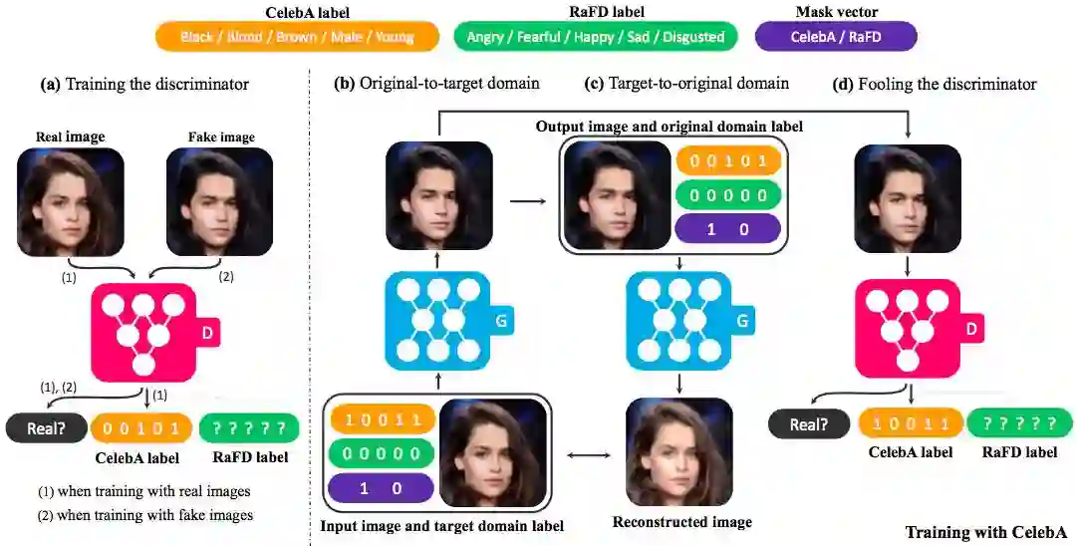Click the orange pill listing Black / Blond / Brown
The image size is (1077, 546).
click(x=297, y=37)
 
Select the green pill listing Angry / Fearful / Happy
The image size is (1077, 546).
click(x=595, y=37)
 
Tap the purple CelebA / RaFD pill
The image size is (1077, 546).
click(x=835, y=37)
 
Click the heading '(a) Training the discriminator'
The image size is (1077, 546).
click(x=144, y=85)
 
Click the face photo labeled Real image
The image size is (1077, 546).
click(x=71, y=202)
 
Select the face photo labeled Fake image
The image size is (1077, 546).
click(x=220, y=202)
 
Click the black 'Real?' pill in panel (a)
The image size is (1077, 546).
click(x=44, y=429)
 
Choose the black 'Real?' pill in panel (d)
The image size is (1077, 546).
click(x=807, y=424)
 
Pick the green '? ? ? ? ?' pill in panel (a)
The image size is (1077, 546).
click(x=249, y=429)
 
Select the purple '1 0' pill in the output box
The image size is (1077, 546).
click(x=727, y=228)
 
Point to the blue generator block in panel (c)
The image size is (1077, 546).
click(x=679, y=322)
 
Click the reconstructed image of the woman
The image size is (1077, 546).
click(x=679, y=452)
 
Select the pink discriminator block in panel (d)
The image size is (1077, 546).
click(x=907, y=327)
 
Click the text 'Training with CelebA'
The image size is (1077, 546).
click(x=985, y=531)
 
